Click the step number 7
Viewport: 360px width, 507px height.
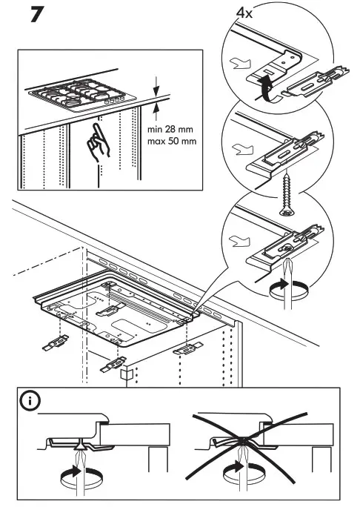click(37, 15)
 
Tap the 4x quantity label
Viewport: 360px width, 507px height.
click(244, 13)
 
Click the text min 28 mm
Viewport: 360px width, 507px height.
click(170, 129)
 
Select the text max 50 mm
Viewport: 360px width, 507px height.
click(172, 142)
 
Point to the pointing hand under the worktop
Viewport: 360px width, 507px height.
click(99, 143)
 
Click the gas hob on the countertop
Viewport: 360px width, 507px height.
click(82, 95)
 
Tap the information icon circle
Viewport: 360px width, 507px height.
click(30, 401)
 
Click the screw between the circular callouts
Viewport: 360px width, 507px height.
click(286, 195)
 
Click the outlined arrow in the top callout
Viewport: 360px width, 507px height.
click(240, 63)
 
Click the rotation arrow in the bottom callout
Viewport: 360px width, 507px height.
click(289, 288)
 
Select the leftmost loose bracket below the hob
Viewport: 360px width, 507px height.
click(56, 342)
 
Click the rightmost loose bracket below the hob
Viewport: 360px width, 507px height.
click(187, 349)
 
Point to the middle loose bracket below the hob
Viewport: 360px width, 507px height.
click(113, 365)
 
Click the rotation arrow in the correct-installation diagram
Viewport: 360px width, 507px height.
click(81, 475)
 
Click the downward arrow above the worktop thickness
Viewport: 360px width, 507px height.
click(157, 86)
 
